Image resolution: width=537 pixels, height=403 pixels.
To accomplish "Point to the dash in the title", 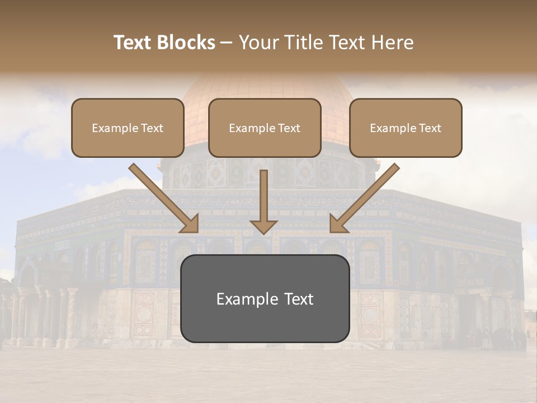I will point(227,43).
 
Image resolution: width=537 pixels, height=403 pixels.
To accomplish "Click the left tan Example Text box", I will point(128,128).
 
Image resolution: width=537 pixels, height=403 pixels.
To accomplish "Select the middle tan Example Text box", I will point(265,128).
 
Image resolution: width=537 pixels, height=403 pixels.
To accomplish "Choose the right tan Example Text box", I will point(406,128).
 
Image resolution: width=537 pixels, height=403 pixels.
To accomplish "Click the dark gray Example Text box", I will point(265,298).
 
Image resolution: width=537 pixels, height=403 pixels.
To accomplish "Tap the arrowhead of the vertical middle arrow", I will point(263,227).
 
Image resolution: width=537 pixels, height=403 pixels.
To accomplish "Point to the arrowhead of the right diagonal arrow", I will point(337,224).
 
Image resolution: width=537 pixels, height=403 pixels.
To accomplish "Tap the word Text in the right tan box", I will point(430,128).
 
